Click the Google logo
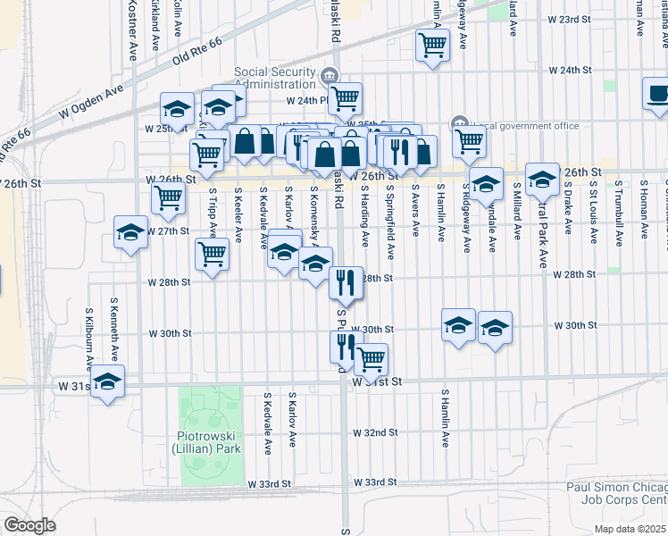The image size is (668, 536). tap(30, 525)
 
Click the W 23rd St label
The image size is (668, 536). tap(570, 19)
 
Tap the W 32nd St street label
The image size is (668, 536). tap(375, 432)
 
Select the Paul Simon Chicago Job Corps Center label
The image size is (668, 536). tap(617, 493)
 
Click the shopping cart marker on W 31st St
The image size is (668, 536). tap(371, 359)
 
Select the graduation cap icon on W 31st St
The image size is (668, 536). tap(108, 382)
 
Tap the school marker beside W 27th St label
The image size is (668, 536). tap(131, 234)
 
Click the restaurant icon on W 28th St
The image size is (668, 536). tap(345, 282)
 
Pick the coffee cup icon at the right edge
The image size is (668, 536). tap(658, 94)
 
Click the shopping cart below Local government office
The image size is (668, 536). tap(469, 139)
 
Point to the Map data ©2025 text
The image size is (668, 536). tap(629, 529)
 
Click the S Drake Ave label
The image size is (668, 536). tap(568, 215)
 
